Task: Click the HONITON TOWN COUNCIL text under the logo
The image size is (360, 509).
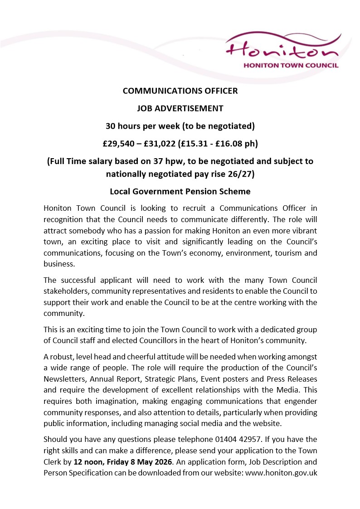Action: click(x=291, y=65)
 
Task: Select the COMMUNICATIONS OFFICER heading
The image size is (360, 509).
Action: click(x=180, y=91)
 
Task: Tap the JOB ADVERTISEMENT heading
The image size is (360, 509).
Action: click(x=180, y=108)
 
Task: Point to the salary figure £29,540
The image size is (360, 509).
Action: click(x=119, y=144)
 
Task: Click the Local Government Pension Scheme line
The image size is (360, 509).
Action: click(x=180, y=191)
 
